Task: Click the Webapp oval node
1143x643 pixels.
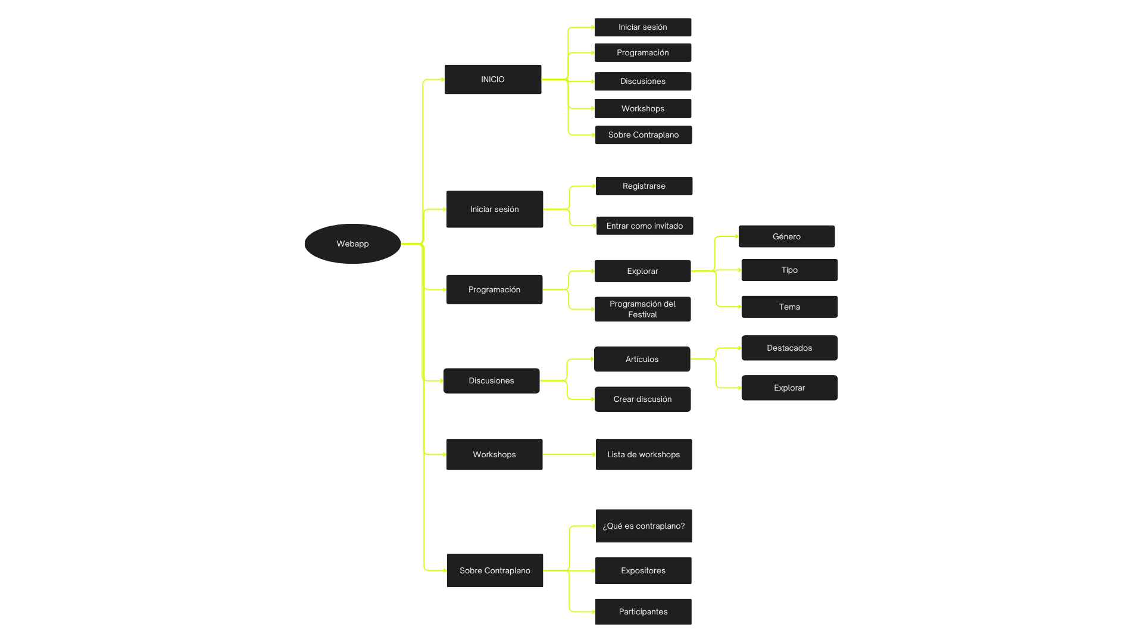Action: click(x=352, y=244)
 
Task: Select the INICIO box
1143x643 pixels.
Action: click(x=493, y=79)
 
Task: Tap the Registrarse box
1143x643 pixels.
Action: click(x=644, y=186)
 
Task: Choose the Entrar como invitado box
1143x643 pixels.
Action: click(x=645, y=226)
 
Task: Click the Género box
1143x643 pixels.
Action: click(x=786, y=236)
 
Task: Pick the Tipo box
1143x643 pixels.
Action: click(x=789, y=270)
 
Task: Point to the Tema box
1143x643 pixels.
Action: click(x=789, y=307)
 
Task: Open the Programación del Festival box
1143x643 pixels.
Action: click(x=643, y=309)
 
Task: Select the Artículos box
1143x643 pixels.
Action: click(x=642, y=359)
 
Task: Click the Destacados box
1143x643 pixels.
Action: click(x=789, y=348)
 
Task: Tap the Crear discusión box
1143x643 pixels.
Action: click(x=642, y=399)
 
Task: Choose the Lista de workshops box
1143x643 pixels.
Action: click(x=644, y=454)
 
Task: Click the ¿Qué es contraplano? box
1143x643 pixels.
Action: click(x=644, y=526)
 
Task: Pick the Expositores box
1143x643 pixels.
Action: click(x=643, y=570)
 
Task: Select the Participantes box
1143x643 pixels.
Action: click(x=643, y=611)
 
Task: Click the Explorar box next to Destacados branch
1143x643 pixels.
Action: click(x=789, y=388)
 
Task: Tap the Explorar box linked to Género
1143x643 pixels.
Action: click(x=642, y=271)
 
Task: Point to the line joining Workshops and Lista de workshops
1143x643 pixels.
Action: click(x=569, y=454)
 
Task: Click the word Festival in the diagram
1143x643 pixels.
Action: click(x=642, y=315)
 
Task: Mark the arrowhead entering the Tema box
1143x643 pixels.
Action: click(x=739, y=307)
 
